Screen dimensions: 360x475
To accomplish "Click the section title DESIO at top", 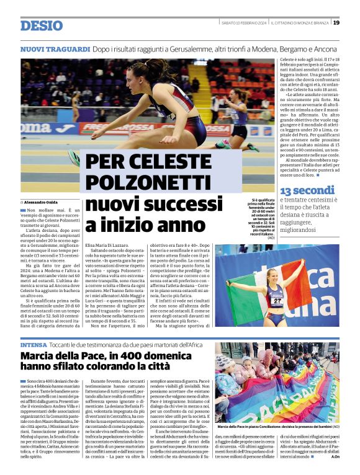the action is point(42,25).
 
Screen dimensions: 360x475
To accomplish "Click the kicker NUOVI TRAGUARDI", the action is point(55,48).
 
